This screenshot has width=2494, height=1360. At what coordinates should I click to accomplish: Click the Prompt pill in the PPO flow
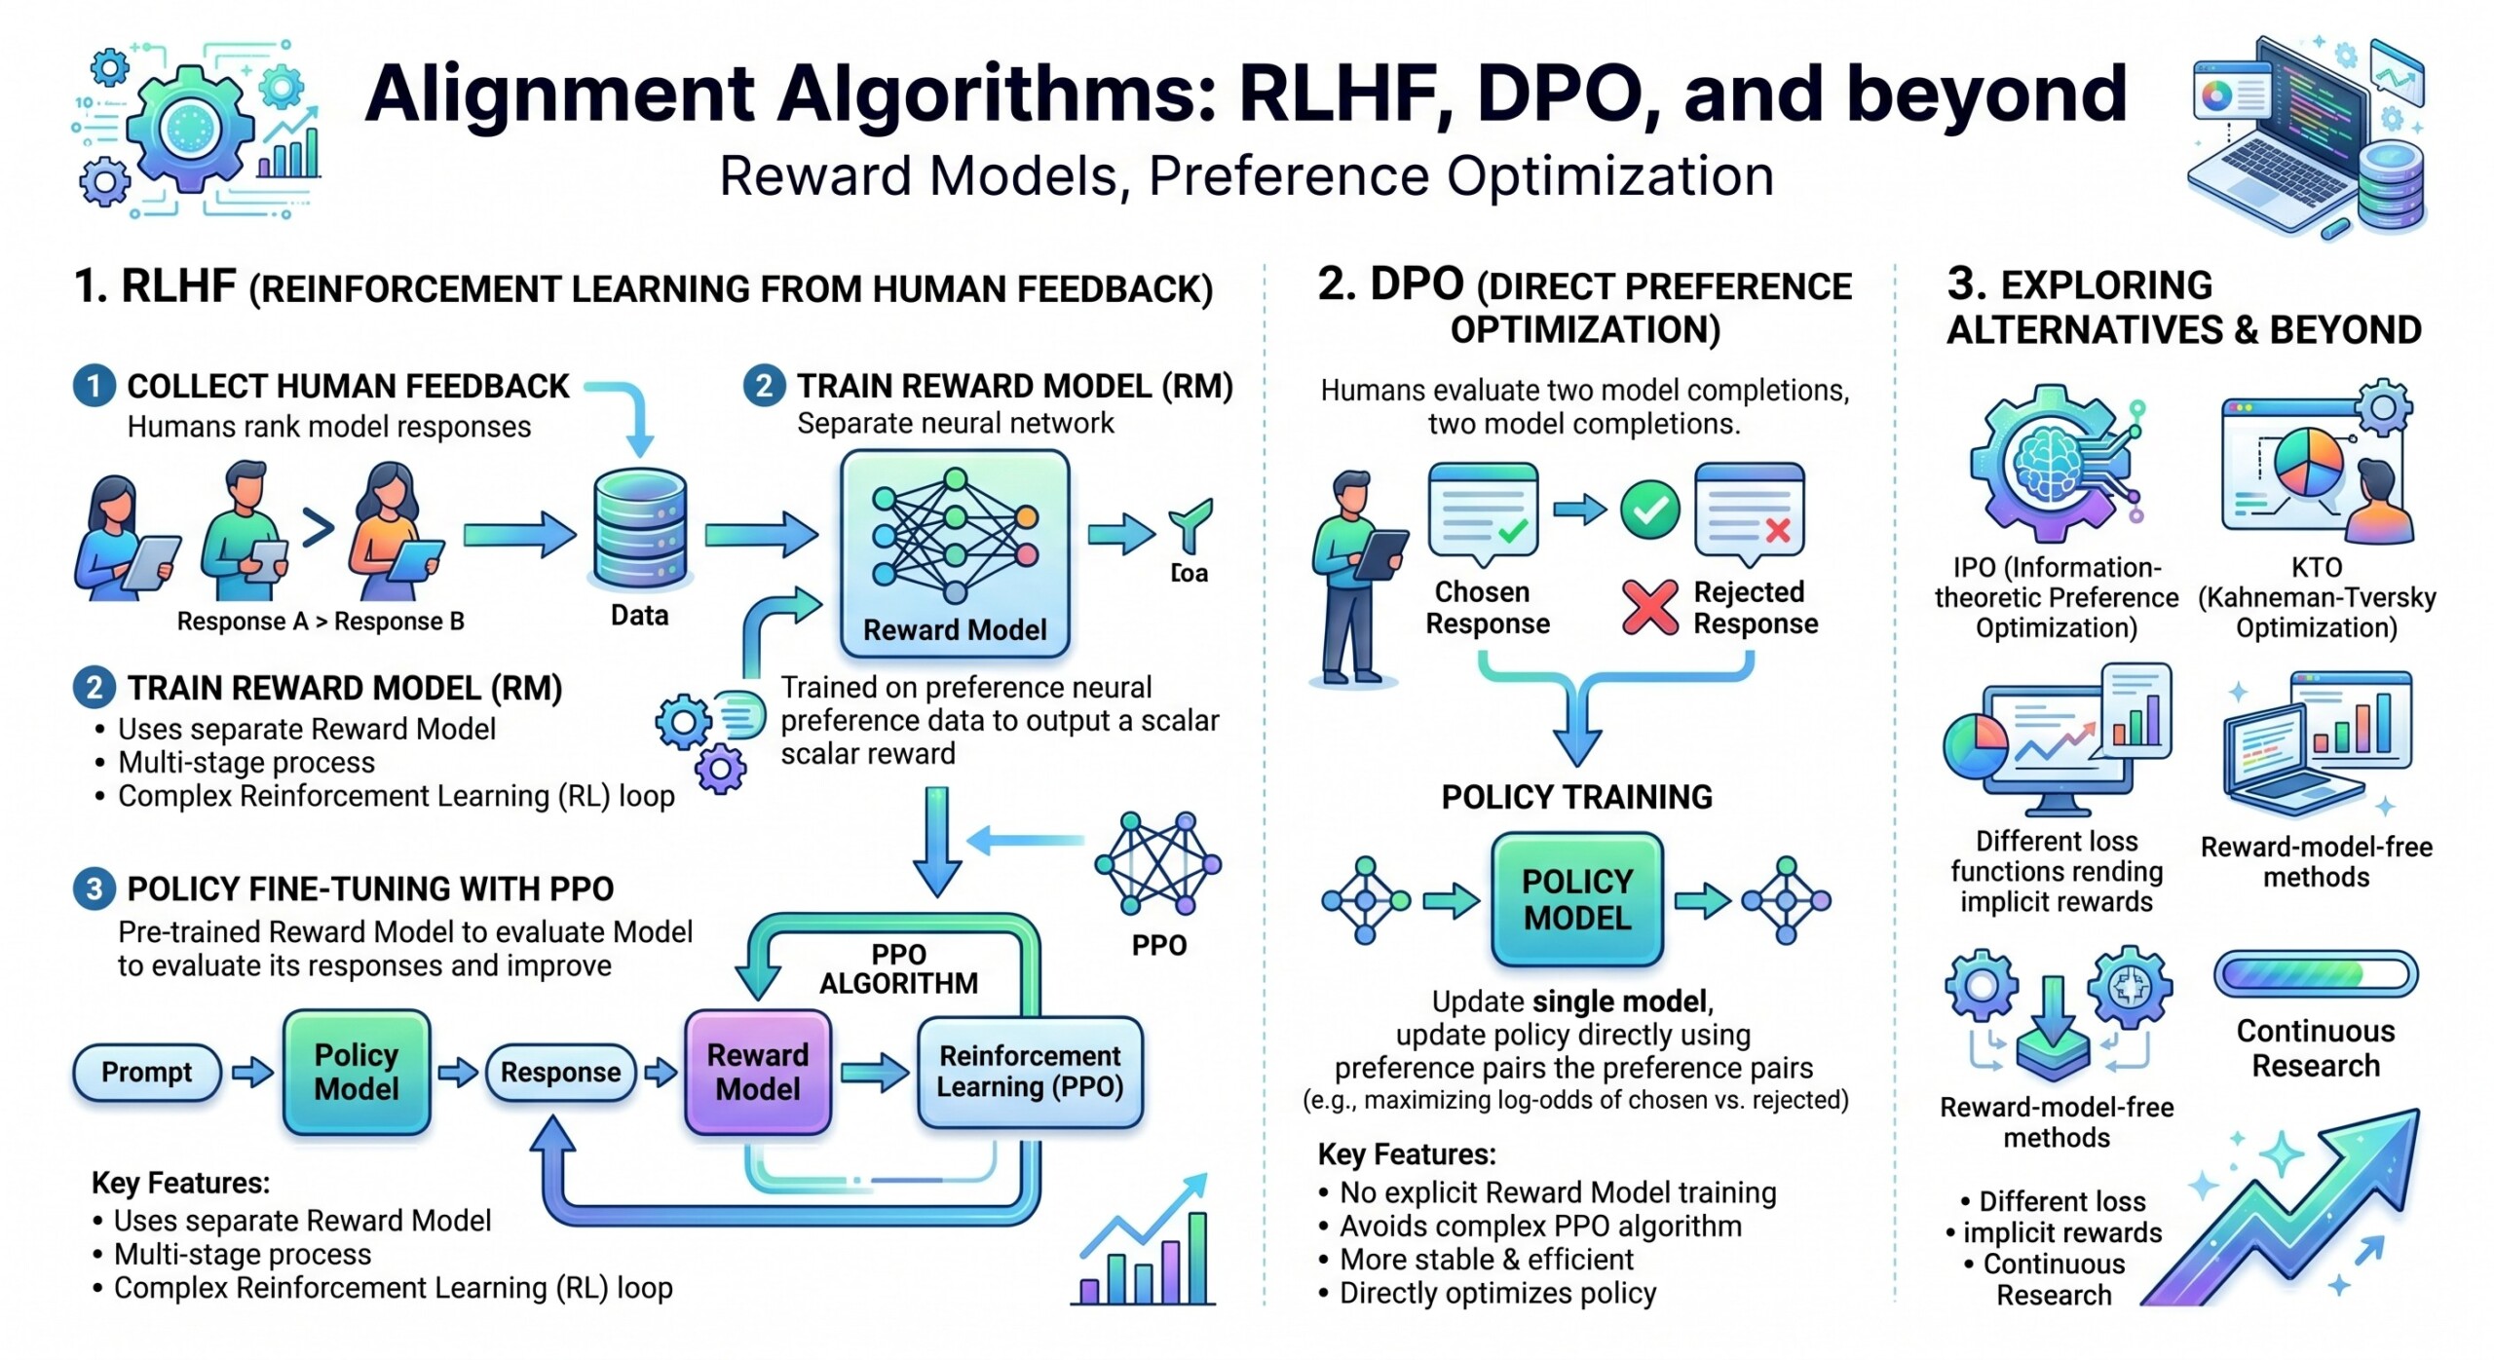(x=147, y=1073)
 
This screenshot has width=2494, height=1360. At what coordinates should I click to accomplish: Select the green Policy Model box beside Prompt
(x=357, y=1072)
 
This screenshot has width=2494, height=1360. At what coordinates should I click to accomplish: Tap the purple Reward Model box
(x=758, y=1072)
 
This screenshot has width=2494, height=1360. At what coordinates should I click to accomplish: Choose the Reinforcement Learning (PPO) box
(x=1030, y=1072)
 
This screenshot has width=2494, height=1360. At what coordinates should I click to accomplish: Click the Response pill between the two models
(x=560, y=1073)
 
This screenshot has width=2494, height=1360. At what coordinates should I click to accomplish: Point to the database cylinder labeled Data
(x=639, y=531)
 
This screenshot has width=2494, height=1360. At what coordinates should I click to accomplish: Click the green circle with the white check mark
(x=1649, y=510)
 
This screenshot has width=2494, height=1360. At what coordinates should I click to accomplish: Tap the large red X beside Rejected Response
(x=1649, y=607)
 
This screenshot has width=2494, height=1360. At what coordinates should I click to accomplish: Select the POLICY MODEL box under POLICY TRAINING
(x=1576, y=899)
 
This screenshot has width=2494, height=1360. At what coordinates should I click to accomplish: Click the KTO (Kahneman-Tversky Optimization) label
(x=2316, y=597)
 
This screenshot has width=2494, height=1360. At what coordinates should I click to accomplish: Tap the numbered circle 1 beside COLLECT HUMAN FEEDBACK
(x=94, y=386)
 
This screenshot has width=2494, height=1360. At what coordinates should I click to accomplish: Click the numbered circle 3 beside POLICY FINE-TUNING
(x=94, y=888)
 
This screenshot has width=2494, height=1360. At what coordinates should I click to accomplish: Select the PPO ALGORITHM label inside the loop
(x=898, y=968)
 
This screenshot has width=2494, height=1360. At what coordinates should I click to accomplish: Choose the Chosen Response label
(x=1487, y=608)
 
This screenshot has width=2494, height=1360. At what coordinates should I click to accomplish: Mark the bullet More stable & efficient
(x=1486, y=1260)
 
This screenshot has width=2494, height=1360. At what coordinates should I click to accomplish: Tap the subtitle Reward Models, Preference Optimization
(x=1246, y=176)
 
